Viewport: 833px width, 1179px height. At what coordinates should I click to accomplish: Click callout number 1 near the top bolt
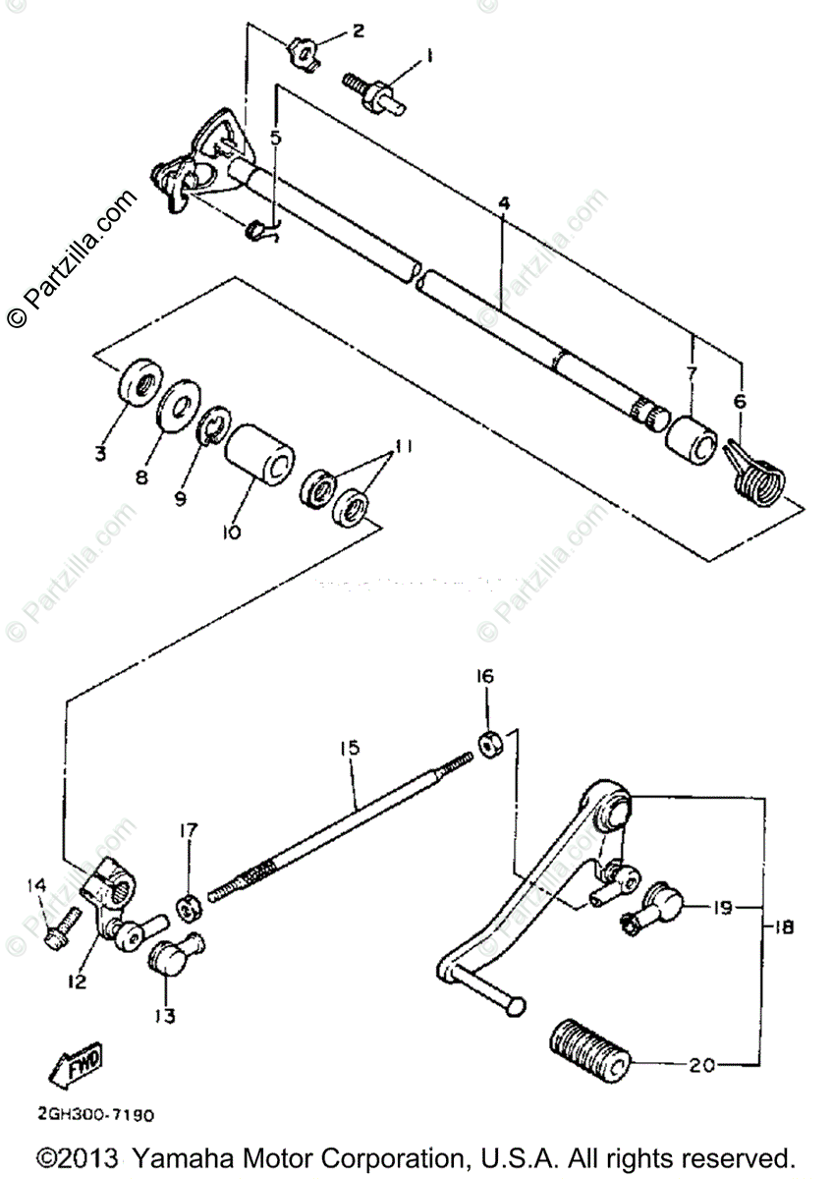pyautogui.click(x=429, y=58)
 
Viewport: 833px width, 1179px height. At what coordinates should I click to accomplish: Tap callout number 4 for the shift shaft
pyautogui.click(x=504, y=203)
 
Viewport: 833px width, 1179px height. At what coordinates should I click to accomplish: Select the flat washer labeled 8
pyautogui.click(x=178, y=402)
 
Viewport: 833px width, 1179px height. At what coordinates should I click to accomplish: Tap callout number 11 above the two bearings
pyautogui.click(x=398, y=447)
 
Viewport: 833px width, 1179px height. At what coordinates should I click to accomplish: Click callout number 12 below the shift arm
pyautogui.click(x=77, y=981)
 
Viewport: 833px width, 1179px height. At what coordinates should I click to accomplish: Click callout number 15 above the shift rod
pyautogui.click(x=350, y=749)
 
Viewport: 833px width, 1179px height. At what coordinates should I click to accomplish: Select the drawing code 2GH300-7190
pyautogui.click(x=96, y=1116)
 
